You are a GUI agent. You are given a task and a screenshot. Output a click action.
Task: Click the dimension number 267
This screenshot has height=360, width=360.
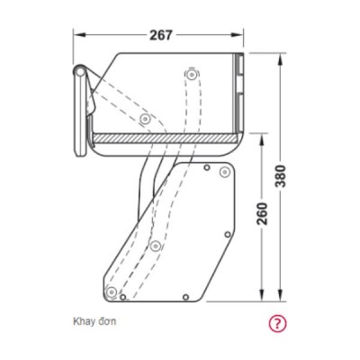pyautogui.click(x=161, y=35)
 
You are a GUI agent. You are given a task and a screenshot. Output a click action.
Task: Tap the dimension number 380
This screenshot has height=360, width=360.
pyautogui.click(x=281, y=175)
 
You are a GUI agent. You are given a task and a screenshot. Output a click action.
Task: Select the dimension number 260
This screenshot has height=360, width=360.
pyautogui.click(x=262, y=213)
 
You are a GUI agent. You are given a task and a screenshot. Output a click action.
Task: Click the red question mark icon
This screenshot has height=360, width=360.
pyautogui.click(x=277, y=323)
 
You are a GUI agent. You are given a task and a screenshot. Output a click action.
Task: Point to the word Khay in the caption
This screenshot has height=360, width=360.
pyautogui.click(x=83, y=322)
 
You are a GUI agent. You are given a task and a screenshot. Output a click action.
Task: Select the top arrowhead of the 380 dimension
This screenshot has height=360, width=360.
pyautogui.click(x=281, y=59)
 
